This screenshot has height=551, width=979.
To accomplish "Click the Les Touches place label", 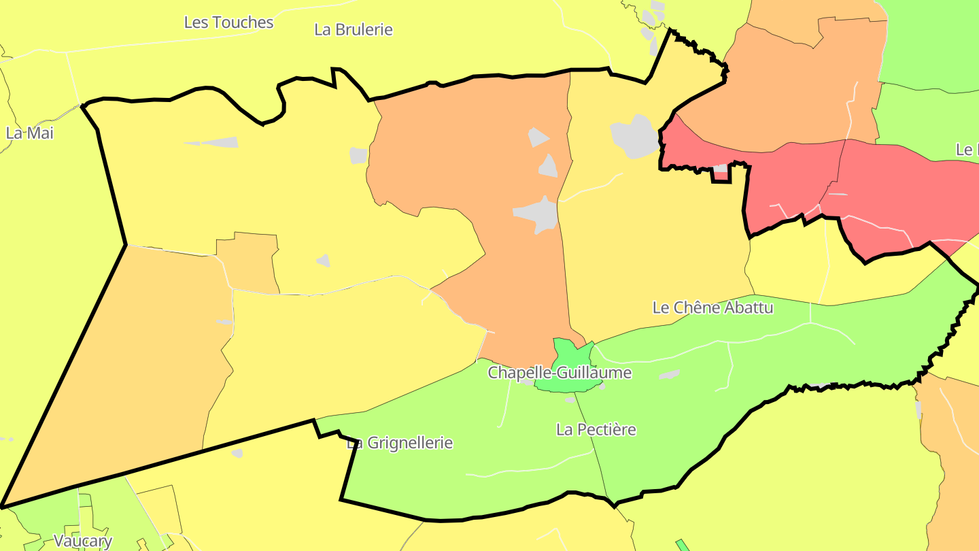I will (228, 22).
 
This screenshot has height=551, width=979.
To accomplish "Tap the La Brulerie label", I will (354, 30).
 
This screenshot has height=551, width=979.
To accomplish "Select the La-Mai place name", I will (29, 133).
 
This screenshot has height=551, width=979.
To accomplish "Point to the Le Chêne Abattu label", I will (712, 307).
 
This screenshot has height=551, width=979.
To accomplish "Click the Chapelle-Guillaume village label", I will (560, 373).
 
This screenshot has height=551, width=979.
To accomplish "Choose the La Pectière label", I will (596, 430).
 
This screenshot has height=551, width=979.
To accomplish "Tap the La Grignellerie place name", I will (400, 444).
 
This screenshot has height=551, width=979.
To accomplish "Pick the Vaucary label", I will (83, 541).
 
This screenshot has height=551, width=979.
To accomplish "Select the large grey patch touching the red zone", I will (635, 137).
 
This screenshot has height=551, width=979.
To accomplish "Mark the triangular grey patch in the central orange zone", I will (548, 165).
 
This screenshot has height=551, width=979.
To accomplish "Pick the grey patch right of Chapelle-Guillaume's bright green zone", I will (669, 374).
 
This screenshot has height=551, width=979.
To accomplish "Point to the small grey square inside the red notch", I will (720, 168).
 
